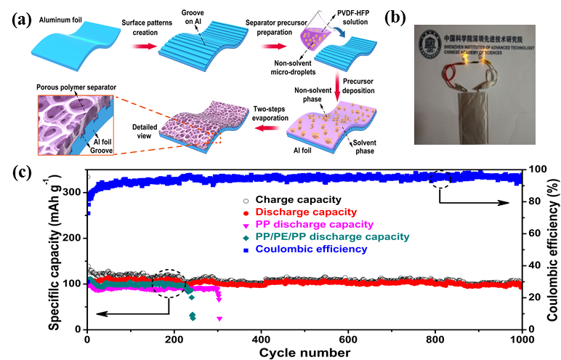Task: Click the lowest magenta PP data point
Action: (x=219, y=319)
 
